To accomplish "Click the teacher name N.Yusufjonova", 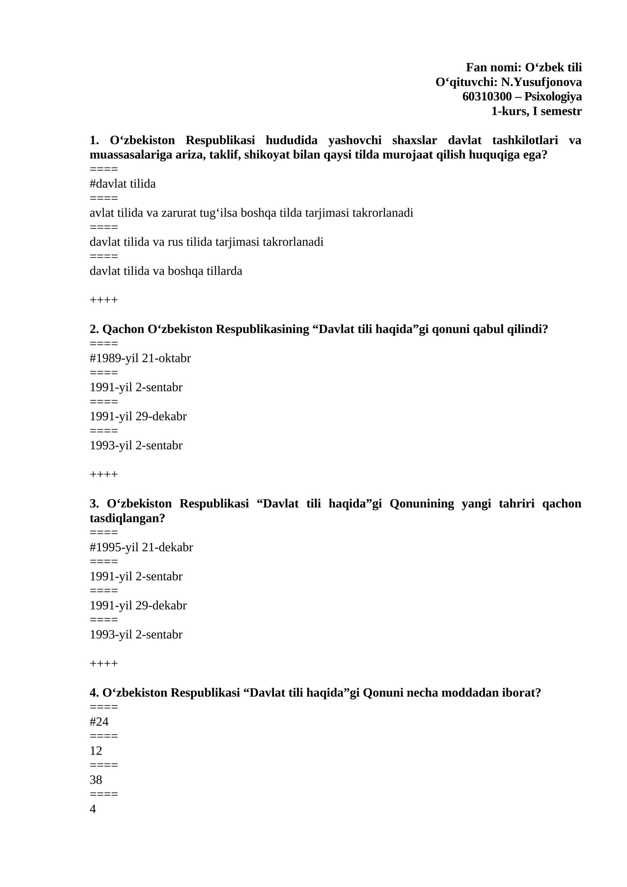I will [541, 82].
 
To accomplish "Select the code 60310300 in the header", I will [487, 97].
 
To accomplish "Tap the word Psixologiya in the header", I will [553, 97].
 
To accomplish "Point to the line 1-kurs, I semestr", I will [536, 111].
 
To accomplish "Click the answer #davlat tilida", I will [123, 184].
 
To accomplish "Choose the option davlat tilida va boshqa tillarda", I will [166, 271].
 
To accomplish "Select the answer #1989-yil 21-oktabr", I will [140, 358].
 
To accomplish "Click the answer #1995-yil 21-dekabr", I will [141, 547].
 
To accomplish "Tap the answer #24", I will [99, 722].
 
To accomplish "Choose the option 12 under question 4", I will [96, 751].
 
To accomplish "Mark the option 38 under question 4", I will [96, 780].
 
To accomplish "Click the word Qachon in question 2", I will [123, 329].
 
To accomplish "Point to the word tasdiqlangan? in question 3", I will [127, 518].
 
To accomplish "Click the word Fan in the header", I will [475, 68].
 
